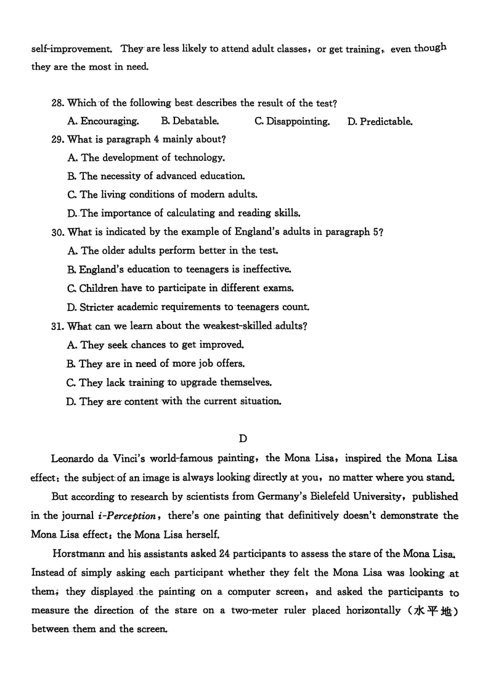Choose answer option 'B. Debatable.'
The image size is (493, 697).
point(189,121)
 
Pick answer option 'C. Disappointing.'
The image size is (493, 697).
point(291,121)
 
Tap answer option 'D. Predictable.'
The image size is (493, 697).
point(380,121)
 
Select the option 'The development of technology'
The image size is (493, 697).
point(145,158)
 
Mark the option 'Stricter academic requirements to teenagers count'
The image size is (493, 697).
point(188,306)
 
